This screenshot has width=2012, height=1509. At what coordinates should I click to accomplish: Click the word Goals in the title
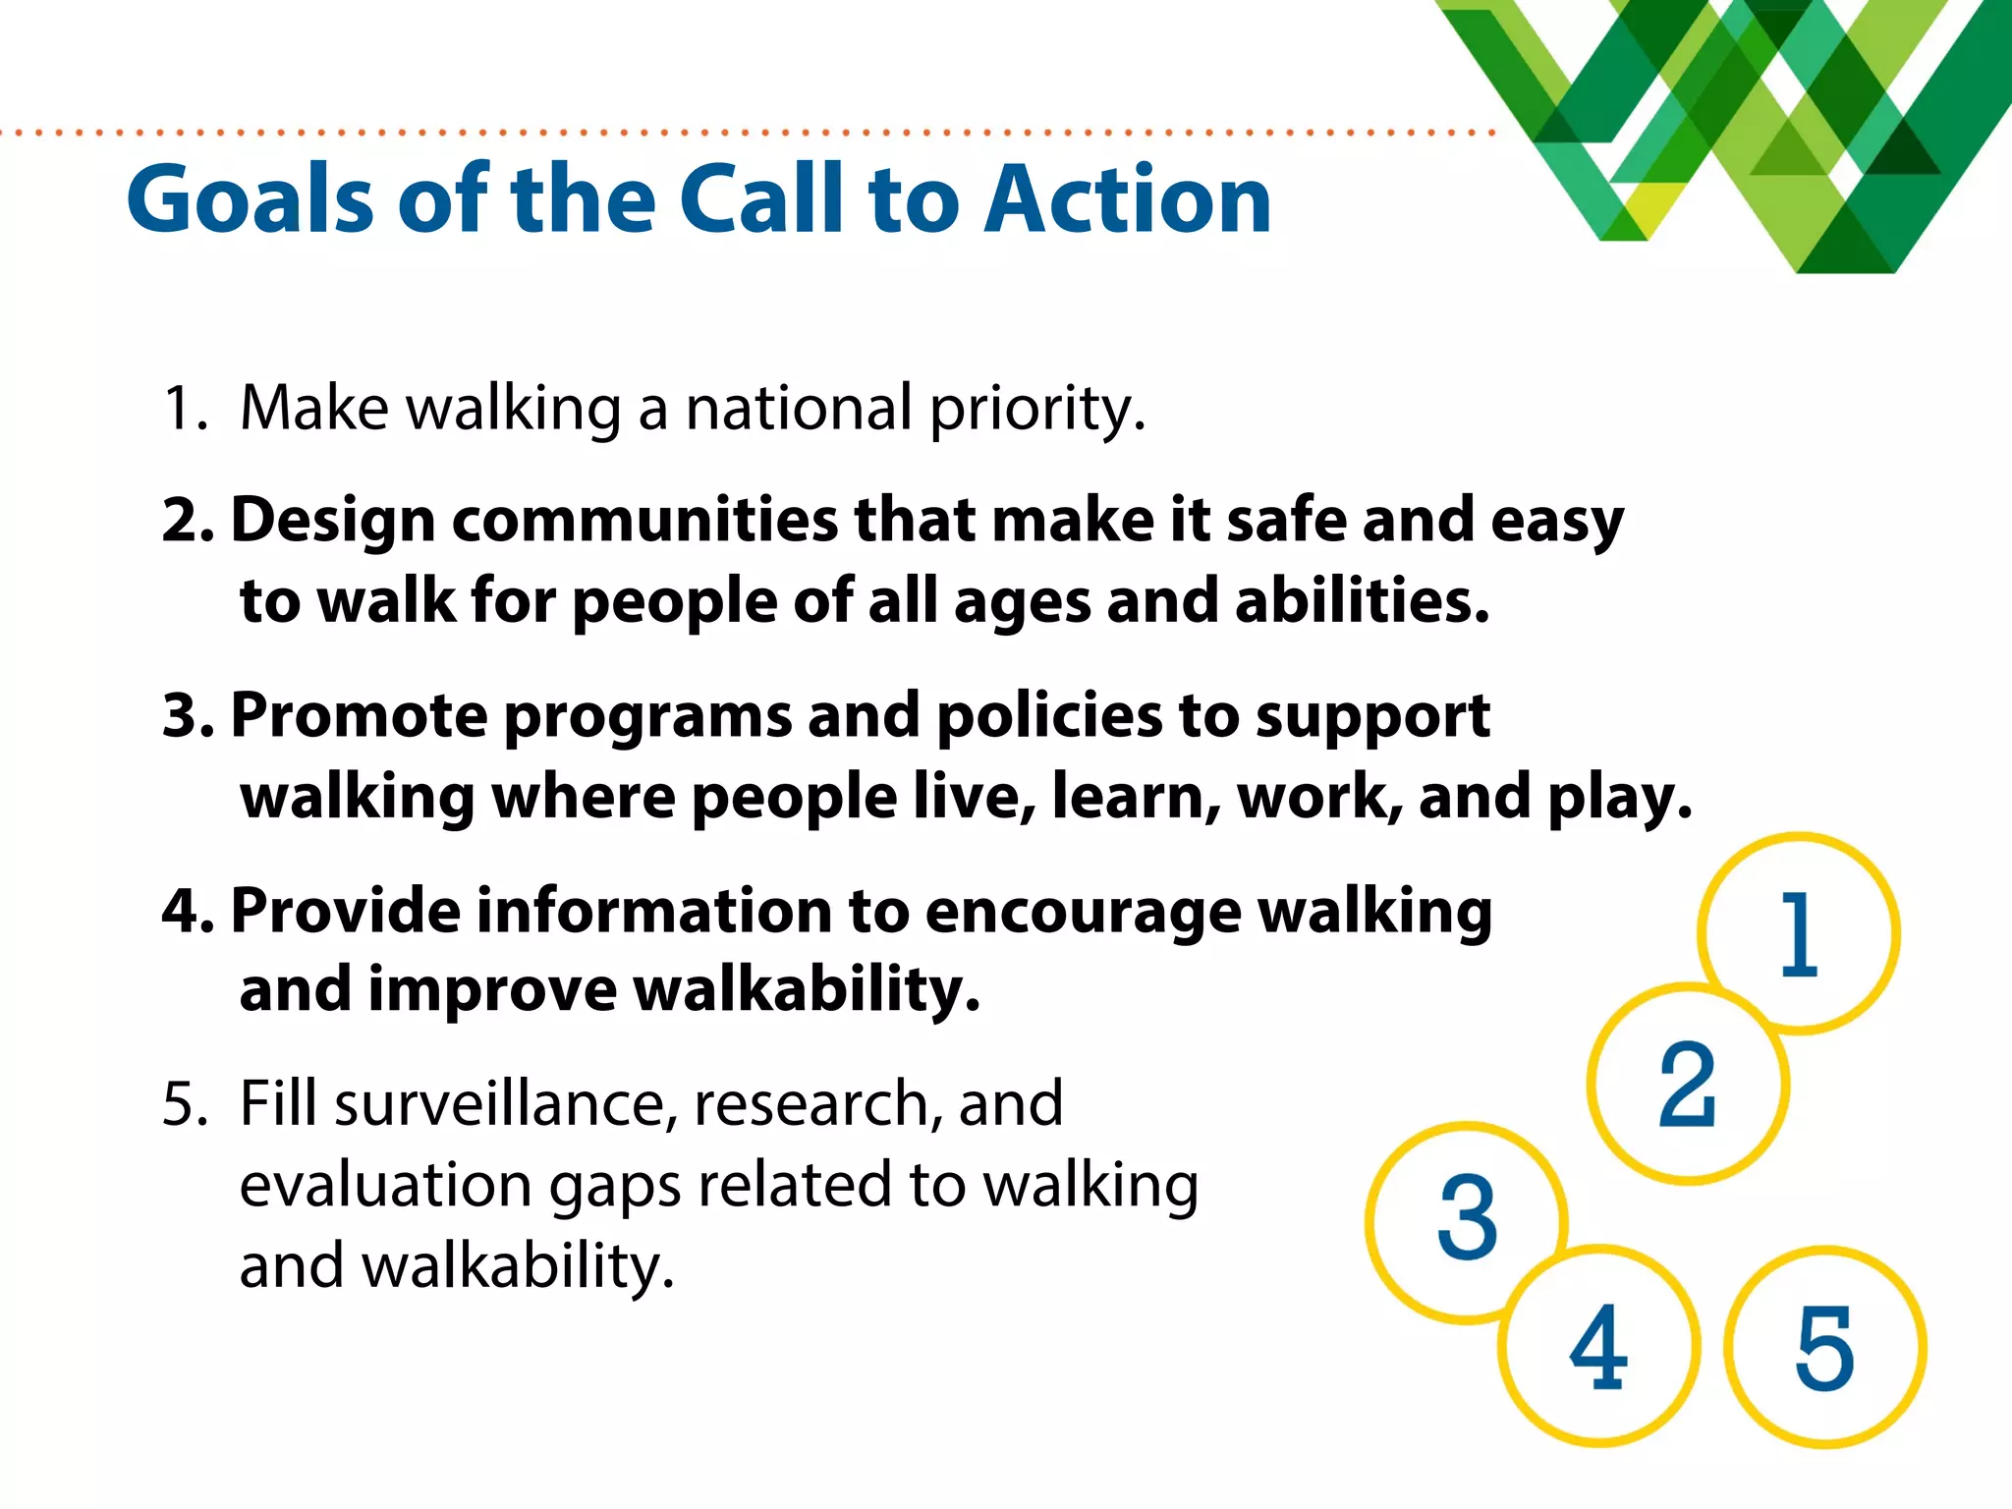click(251, 200)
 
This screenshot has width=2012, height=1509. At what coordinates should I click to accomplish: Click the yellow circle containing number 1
click(1799, 933)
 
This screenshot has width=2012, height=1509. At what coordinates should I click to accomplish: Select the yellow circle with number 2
click(1688, 1085)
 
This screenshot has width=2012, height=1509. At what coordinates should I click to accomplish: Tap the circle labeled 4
click(1599, 1347)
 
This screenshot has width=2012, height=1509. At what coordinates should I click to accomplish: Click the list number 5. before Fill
click(185, 1104)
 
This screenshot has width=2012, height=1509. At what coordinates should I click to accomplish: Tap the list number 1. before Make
click(185, 409)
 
